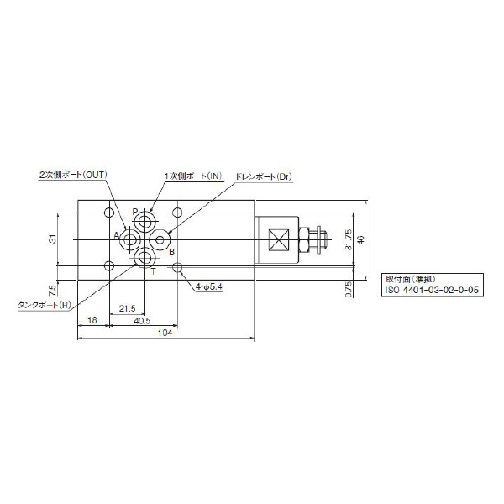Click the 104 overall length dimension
point(165,333)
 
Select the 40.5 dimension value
point(142,321)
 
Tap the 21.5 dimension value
point(128,309)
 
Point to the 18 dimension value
point(92,321)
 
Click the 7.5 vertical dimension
point(52,291)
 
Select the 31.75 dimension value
point(348,239)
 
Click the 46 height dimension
point(361,239)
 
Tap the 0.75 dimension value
point(349,289)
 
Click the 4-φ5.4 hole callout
point(209,286)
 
